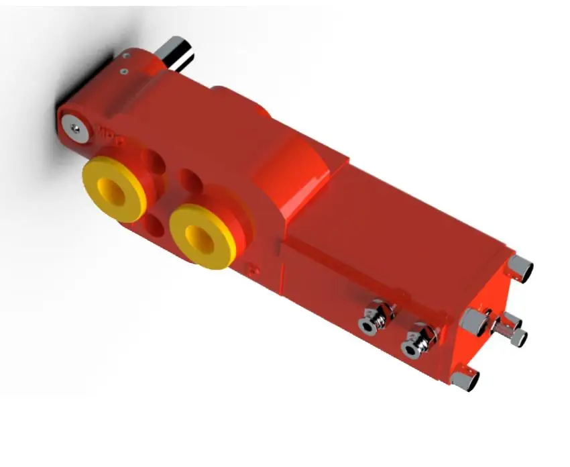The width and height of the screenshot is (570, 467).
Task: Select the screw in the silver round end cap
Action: [x=76, y=127]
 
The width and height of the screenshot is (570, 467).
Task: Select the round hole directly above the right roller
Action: [x=190, y=182]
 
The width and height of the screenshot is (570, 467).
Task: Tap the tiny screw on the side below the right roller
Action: [x=253, y=270]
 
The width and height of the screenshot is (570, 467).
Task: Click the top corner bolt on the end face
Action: [x=521, y=268]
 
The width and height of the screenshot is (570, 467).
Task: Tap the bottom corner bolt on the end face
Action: [x=464, y=380]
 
